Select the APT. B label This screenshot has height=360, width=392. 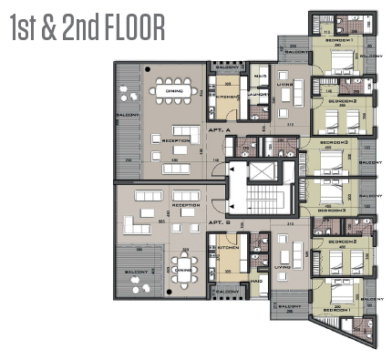pyautogui.click(x=218, y=222)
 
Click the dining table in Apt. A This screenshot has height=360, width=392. pyautogui.click(x=172, y=90)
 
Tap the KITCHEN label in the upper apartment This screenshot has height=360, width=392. pyautogui.click(x=227, y=97)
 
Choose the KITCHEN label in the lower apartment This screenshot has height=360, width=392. pyautogui.click(x=227, y=247)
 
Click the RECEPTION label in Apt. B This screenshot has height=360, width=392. pyautogui.click(x=185, y=206)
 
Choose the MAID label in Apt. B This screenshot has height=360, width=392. pyautogui.click(x=257, y=282)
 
